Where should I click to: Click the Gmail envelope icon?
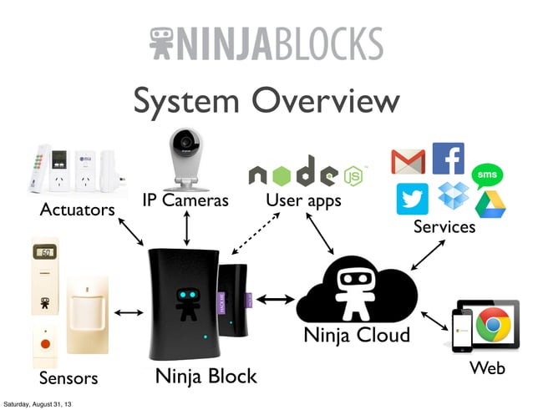pyautogui.click(x=408, y=160)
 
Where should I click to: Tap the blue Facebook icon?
pyautogui.click(x=448, y=158)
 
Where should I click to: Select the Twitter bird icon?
pyautogui.click(x=412, y=198)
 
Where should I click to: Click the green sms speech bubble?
pyautogui.click(x=486, y=175)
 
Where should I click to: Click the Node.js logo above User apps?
pyautogui.click(x=304, y=173)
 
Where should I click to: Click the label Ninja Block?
pyautogui.click(x=206, y=377)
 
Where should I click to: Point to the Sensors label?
pyautogui.click(x=69, y=378)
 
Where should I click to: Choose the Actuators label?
pyautogui.click(x=77, y=210)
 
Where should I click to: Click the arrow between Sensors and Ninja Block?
pyautogui.click(x=128, y=313)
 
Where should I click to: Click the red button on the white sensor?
pyautogui.click(x=46, y=343)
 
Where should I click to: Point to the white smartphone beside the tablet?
pyautogui.click(x=459, y=332)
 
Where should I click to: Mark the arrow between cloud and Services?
pyautogui.click(x=427, y=254)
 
